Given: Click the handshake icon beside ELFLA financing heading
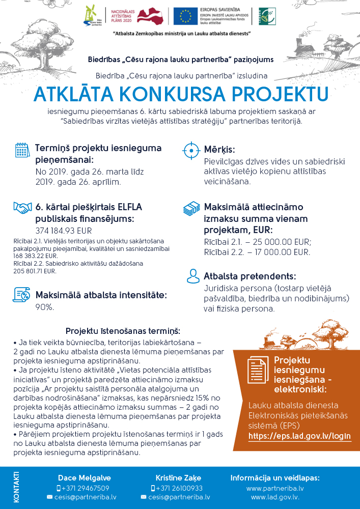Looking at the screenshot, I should tap(22, 208).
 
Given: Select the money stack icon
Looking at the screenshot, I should tap(191, 209).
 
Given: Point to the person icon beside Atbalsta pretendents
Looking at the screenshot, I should tap(192, 276).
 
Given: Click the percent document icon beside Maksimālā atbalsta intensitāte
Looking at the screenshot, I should tap(22, 294).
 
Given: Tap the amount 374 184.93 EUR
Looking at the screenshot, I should tap(60, 230).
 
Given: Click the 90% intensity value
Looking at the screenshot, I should tap(45, 307).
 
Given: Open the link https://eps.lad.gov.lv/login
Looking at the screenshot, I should tap(299, 437).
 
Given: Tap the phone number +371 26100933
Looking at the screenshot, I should tap(178, 488).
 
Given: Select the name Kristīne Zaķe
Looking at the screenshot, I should tap(178, 478).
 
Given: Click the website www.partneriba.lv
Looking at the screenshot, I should tap(275, 488).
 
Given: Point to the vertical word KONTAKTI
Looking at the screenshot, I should tap(16, 488).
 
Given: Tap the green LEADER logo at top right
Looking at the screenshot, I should tap(265, 16).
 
